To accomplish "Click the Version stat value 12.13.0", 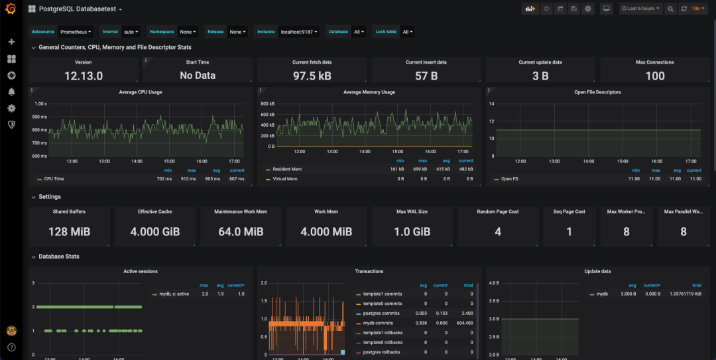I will (x=84, y=76).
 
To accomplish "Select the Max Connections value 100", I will (x=655, y=76).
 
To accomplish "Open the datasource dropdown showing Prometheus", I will (x=76, y=31).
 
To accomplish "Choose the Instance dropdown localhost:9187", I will (x=300, y=31).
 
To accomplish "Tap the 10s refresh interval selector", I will (x=697, y=9).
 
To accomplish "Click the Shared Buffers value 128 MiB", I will (x=69, y=232).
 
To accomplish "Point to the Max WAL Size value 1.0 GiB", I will (x=412, y=232).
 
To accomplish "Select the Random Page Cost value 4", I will (x=498, y=232).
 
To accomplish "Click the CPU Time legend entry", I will (x=54, y=179).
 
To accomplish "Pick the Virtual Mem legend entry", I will (x=285, y=179).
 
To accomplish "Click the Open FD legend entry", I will (x=510, y=179).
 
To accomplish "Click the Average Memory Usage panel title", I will (x=369, y=92).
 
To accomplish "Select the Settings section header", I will (x=50, y=197).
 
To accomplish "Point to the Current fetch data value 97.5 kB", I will (x=312, y=76).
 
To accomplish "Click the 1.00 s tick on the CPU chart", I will (x=40, y=104).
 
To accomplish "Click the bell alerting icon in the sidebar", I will (x=11, y=91).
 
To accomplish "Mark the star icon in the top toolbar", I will (x=546, y=9).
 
